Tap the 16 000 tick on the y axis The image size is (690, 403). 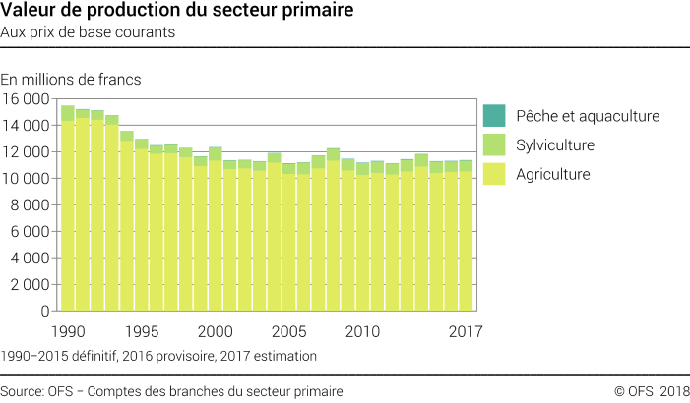(x=26, y=99)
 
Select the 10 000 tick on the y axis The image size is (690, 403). (x=26, y=179)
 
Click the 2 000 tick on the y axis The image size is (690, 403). (x=30, y=284)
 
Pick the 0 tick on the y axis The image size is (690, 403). (x=45, y=311)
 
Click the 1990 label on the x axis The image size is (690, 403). (x=68, y=330)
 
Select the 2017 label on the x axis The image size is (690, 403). (x=465, y=330)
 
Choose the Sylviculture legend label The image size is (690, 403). (x=555, y=145)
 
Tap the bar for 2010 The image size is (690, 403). (x=363, y=241)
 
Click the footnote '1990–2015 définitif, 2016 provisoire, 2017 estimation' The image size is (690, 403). (x=158, y=355)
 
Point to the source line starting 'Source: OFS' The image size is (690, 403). (x=171, y=391)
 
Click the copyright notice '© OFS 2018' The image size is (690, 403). (x=651, y=391)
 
